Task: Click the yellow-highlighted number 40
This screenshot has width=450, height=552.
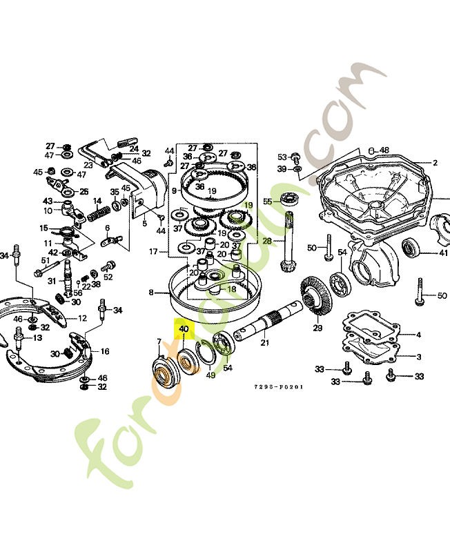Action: coord(184,330)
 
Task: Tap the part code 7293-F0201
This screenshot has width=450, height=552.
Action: coord(278,387)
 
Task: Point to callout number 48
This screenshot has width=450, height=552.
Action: coord(384,150)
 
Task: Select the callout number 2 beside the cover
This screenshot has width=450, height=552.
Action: coord(436,164)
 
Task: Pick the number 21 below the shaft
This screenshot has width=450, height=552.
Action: coord(264,343)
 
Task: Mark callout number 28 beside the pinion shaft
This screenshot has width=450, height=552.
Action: coord(267,240)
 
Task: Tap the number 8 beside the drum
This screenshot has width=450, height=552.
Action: coord(150,293)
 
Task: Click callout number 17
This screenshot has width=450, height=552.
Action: coord(154,252)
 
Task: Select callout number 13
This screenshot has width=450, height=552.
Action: coord(37,338)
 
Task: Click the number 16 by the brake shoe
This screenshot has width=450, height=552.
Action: coord(105,351)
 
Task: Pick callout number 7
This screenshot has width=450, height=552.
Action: coord(159,342)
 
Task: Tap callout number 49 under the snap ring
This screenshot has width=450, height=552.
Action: coord(211,375)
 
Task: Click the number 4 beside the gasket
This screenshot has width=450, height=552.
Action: coord(418,335)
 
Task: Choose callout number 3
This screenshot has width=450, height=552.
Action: coord(418,356)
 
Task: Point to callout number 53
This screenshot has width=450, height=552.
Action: coord(282,157)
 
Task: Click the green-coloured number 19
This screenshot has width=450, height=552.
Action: coord(248,204)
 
